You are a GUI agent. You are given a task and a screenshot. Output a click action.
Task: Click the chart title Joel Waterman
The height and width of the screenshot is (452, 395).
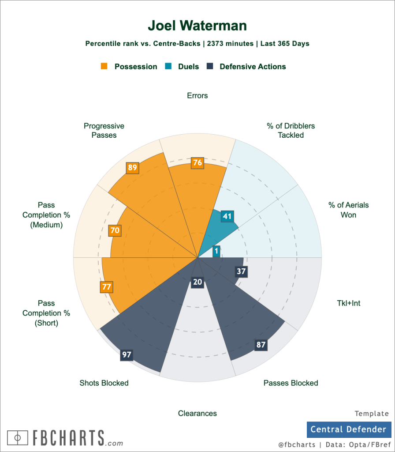pos(197,26)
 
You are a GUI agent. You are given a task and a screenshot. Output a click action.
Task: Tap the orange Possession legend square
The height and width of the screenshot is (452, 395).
pos(104,67)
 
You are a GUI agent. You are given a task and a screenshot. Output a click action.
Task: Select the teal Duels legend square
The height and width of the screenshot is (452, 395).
pos(168,67)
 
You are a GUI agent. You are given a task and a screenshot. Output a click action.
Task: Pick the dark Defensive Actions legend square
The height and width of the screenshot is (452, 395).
pos(210,67)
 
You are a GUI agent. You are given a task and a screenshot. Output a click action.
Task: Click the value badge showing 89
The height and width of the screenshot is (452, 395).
pos(133,167)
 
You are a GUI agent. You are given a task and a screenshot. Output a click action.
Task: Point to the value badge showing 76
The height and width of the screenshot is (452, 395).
pos(197,163)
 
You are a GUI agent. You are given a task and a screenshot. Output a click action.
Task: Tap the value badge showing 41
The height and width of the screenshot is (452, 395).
pos(227,216)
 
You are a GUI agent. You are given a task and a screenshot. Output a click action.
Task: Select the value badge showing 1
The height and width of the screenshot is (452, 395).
pos(216,251)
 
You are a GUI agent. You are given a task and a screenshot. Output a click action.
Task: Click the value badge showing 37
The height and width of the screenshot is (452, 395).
pos(241,271)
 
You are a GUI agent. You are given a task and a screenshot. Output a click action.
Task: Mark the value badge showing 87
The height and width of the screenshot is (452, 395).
pos(261,345)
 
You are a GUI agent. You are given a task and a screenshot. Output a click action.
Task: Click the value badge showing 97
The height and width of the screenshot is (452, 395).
pos(127,354)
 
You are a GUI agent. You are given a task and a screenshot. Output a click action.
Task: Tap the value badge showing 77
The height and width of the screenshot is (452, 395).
pos(106,286)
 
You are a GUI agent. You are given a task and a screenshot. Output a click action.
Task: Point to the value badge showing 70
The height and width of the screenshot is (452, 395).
pos(115,230)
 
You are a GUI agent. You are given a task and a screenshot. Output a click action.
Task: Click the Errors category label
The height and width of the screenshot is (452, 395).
pos(197,95)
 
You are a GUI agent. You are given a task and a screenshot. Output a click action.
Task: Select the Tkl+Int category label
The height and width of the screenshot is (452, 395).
pos(348,303)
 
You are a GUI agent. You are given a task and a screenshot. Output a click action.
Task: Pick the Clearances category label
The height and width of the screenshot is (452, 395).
pos(197,414)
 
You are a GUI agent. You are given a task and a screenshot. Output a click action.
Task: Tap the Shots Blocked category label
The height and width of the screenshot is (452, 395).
pos(104,383)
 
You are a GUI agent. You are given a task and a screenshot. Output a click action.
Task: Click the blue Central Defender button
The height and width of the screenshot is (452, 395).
pos(348,429)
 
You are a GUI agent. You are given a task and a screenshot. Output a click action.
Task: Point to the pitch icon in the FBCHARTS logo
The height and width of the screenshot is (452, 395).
pos(18,437)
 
